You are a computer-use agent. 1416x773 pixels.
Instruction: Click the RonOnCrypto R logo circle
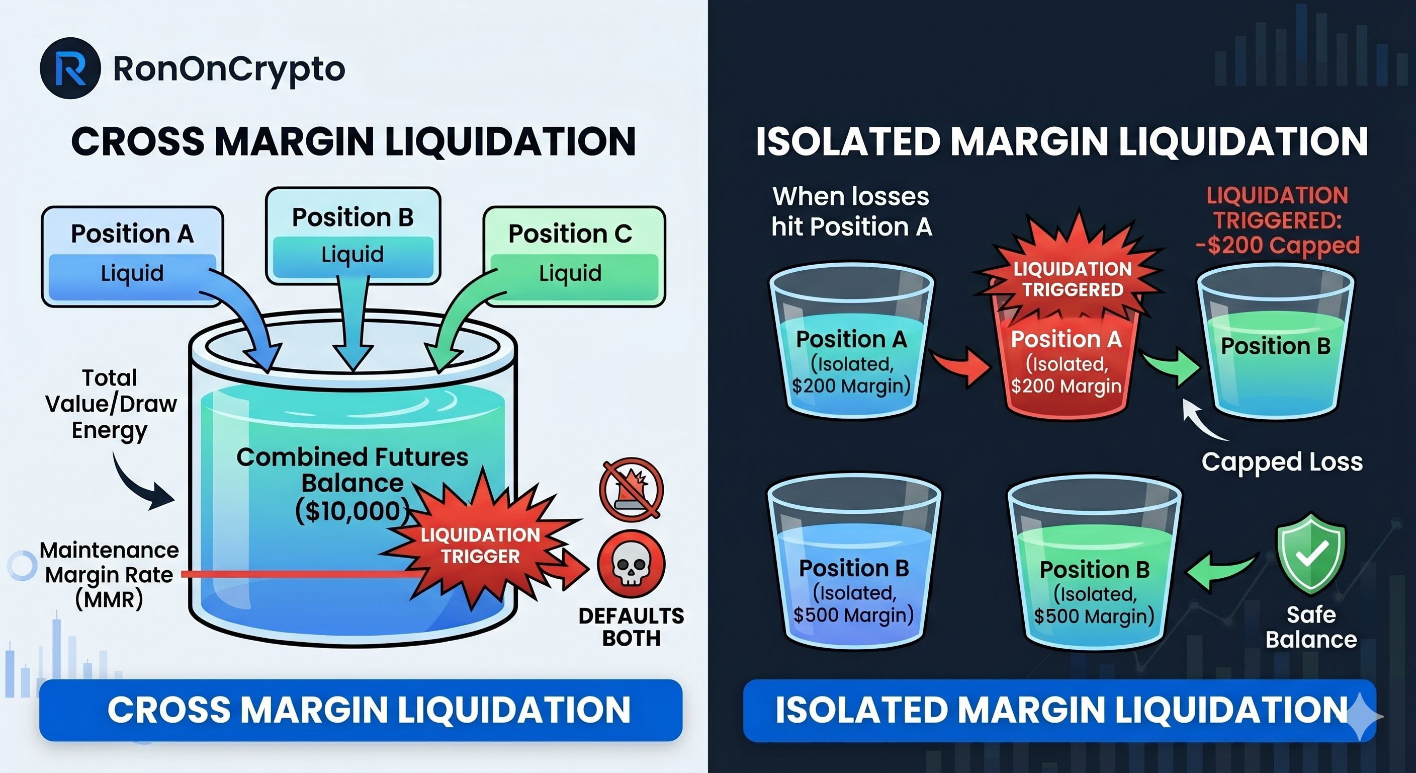click(70, 68)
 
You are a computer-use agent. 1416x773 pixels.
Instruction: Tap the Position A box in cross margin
click(132, 256)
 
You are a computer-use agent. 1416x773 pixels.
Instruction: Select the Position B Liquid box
click(353, 236)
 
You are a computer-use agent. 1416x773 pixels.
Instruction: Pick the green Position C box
click(573, 256)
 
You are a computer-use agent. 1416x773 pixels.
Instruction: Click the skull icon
click(631, 565)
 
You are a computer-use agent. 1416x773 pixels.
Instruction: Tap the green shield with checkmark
click(1311, 553)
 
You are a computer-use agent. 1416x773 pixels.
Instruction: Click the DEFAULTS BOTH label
click(631, 627)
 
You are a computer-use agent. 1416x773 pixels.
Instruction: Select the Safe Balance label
click(1311, 627)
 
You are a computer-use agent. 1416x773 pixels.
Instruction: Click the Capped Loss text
click(1282, 462)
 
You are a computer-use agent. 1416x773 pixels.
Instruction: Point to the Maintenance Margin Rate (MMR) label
click(109, 575)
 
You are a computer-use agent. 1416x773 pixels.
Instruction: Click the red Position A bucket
click(1067, 363)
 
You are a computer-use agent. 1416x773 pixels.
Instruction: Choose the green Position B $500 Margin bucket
click(1094, 583)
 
